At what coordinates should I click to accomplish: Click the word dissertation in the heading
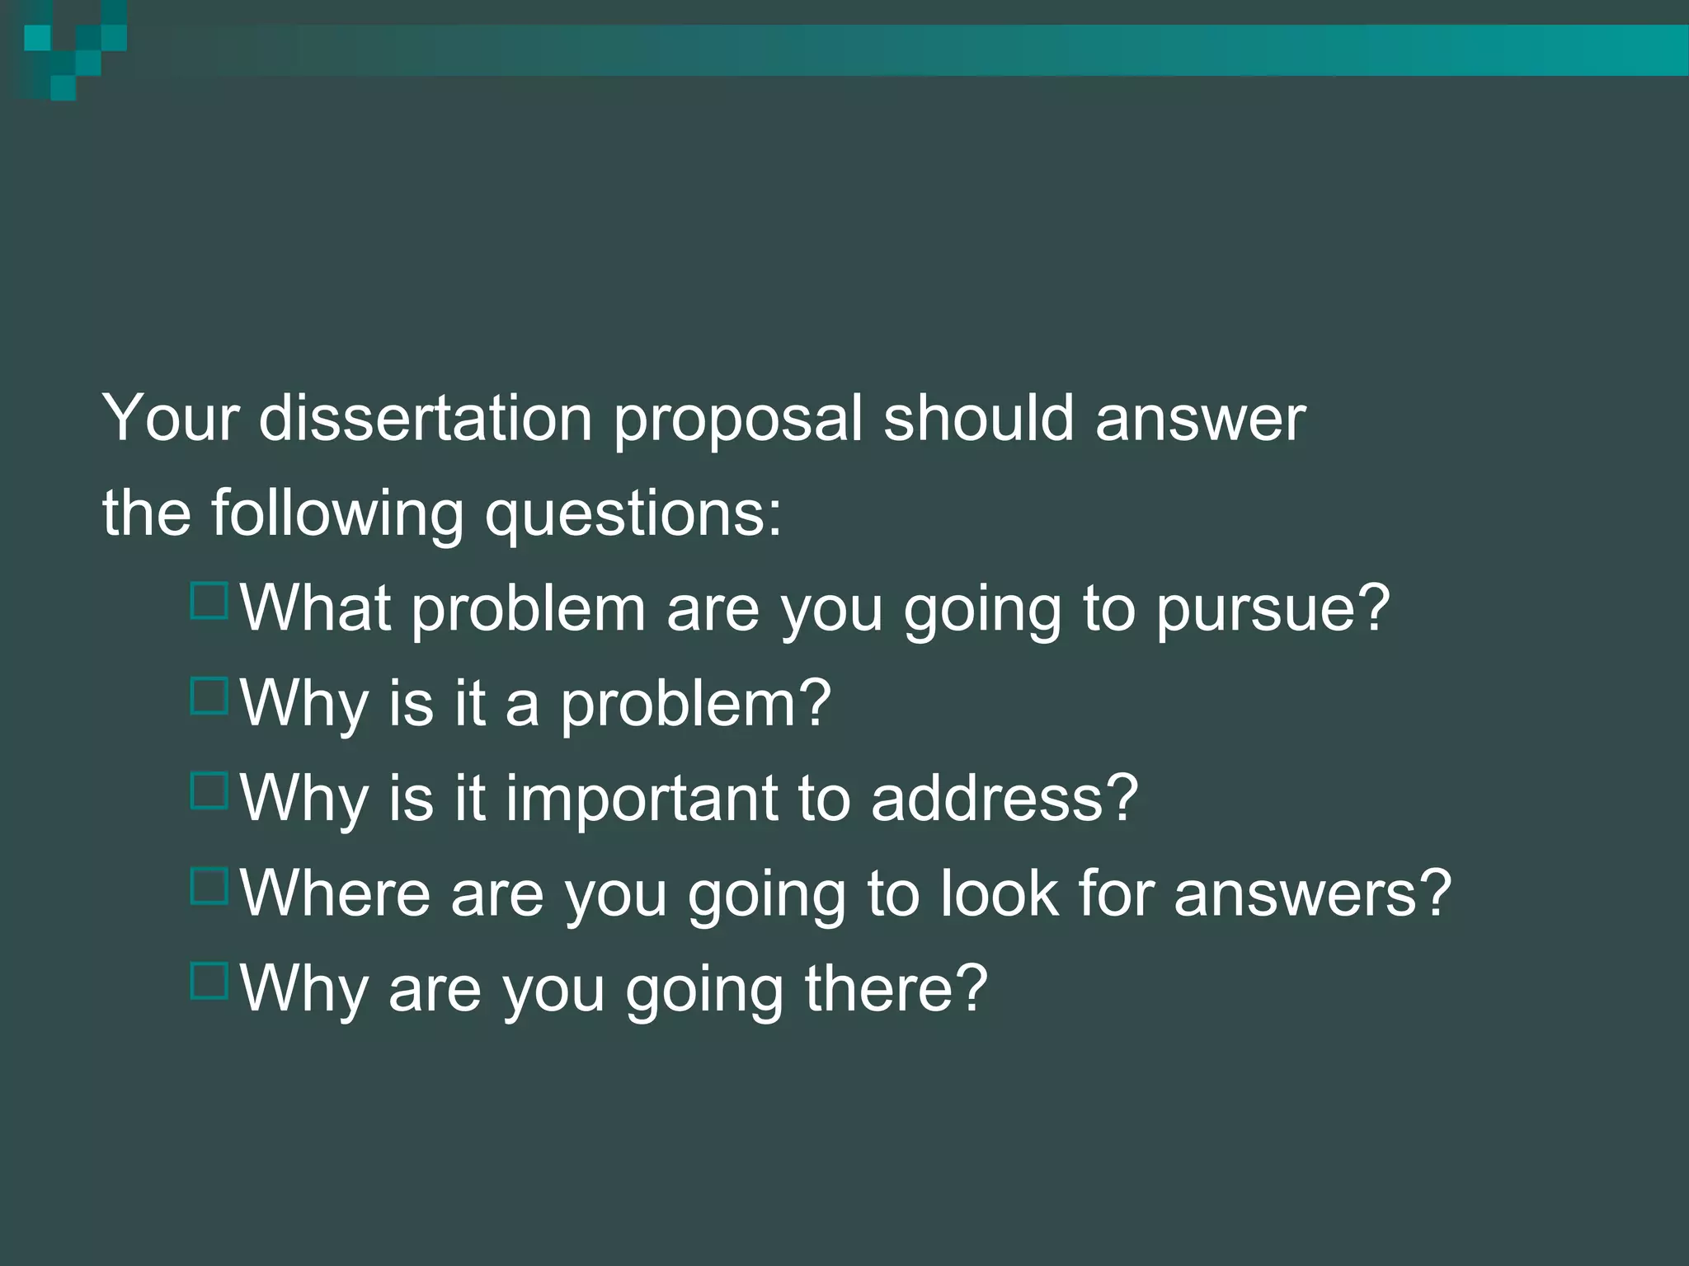425,419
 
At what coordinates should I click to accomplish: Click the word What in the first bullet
315,608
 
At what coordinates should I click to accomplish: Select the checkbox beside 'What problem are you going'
209,601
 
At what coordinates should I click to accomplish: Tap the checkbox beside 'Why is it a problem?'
209,696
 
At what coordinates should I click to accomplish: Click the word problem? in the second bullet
696,706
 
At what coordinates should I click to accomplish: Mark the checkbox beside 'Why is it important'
209,791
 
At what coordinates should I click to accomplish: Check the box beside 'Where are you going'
209,886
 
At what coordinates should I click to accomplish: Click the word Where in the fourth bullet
335,893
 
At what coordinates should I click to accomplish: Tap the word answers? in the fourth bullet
1312,895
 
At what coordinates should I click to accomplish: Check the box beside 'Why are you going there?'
209,981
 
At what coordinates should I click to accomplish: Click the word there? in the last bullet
896,988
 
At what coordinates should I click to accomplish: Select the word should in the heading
978,419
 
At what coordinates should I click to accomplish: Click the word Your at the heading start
170,419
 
